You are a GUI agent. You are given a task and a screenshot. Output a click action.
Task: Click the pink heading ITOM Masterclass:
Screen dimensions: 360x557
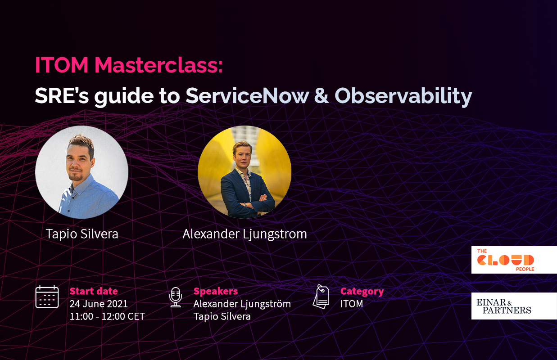click(129, 66)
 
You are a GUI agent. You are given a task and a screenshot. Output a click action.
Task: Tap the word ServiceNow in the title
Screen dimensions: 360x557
click(248, 95)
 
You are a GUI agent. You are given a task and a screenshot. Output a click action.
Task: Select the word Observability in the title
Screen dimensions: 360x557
click(403, 95)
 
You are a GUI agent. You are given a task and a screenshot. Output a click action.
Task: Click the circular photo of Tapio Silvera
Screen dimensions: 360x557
click(82, 172)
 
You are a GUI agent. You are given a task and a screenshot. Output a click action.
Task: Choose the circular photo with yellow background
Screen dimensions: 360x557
click(245, 172)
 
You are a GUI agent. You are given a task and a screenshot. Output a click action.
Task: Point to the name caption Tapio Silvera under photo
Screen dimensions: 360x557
click(82, 234)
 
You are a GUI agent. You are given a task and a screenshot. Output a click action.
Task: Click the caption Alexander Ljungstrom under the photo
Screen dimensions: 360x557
click(245, 234)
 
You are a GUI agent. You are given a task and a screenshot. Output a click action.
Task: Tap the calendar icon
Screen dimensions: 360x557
click(47, 297)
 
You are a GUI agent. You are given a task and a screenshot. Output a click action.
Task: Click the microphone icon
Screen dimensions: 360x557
click(175, 297)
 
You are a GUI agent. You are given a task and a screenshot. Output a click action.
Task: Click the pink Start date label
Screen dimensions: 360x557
click(94, 291)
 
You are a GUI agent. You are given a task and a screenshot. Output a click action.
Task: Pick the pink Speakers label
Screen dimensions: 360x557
click(216, 291)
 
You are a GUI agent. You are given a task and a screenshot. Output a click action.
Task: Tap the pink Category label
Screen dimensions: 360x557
click(362, 291)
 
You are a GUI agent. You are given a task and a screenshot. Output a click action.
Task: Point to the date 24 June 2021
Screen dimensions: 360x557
click(99, 304)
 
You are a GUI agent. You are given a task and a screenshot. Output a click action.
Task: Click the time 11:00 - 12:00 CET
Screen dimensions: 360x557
click(107, 316)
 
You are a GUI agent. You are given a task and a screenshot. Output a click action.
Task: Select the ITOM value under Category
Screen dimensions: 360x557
click(352, 304)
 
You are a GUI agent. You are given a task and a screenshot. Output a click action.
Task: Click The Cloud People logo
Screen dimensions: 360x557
click(514, 260)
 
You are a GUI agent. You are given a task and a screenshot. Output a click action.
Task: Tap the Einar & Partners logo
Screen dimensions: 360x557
click(514, 306)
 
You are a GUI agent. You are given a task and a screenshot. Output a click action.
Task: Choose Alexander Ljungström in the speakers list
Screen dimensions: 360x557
click(242, 304)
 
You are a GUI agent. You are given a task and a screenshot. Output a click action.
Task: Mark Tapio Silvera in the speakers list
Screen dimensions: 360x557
click(222, 316)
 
